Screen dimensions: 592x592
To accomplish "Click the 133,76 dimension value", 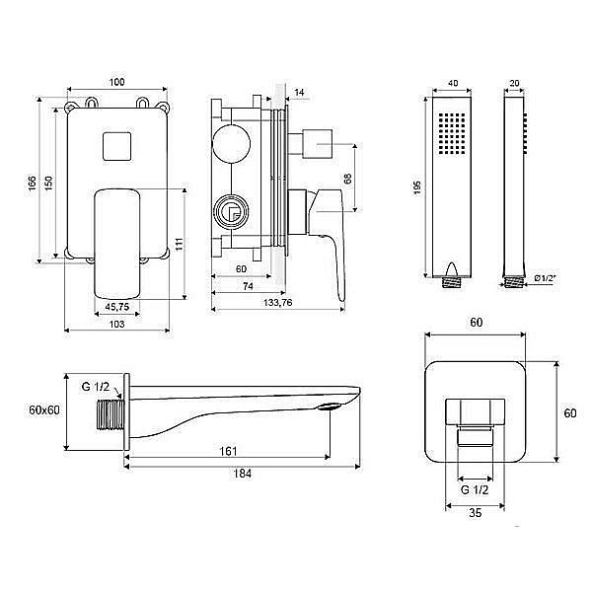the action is click(x=278, y=303).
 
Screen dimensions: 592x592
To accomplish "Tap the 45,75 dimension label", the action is click(x=117, y=307).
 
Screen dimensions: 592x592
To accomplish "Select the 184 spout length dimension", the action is click(x=242, y=474).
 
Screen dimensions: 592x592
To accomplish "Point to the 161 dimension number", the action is click(x=229, y=451).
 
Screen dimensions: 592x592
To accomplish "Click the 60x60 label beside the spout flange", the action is click(x=44, y=410).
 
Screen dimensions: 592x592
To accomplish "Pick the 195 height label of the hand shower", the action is click(x=417, y=187).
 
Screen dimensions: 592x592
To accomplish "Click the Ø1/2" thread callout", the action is click(x=546, y=278).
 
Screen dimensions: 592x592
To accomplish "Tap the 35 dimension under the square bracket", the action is click(x=476, y=513).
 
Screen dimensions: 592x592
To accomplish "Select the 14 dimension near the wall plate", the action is click(x=299, y=93).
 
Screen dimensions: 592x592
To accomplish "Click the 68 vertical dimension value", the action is click(x=347, y=179).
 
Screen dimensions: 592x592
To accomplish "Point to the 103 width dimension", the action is click(x=116, y=324).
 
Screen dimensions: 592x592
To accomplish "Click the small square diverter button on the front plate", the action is click(x=117, y=146).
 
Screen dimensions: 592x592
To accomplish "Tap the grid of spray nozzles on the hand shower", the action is click(x=452, y=133).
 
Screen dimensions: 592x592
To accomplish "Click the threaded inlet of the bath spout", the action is click(x=111, y=414).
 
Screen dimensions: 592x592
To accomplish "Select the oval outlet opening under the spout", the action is click(x=330, y=407).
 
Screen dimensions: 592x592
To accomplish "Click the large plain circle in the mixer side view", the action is click(x=231, y=144).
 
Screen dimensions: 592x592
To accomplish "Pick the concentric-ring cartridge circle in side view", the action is click(x=231, y=212).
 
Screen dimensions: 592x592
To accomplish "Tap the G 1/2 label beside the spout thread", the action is click(x=96, y=387).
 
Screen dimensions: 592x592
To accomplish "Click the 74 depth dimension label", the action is click(x=248, y=286).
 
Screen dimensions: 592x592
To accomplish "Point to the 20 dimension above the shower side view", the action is click(x=514, y=83).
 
